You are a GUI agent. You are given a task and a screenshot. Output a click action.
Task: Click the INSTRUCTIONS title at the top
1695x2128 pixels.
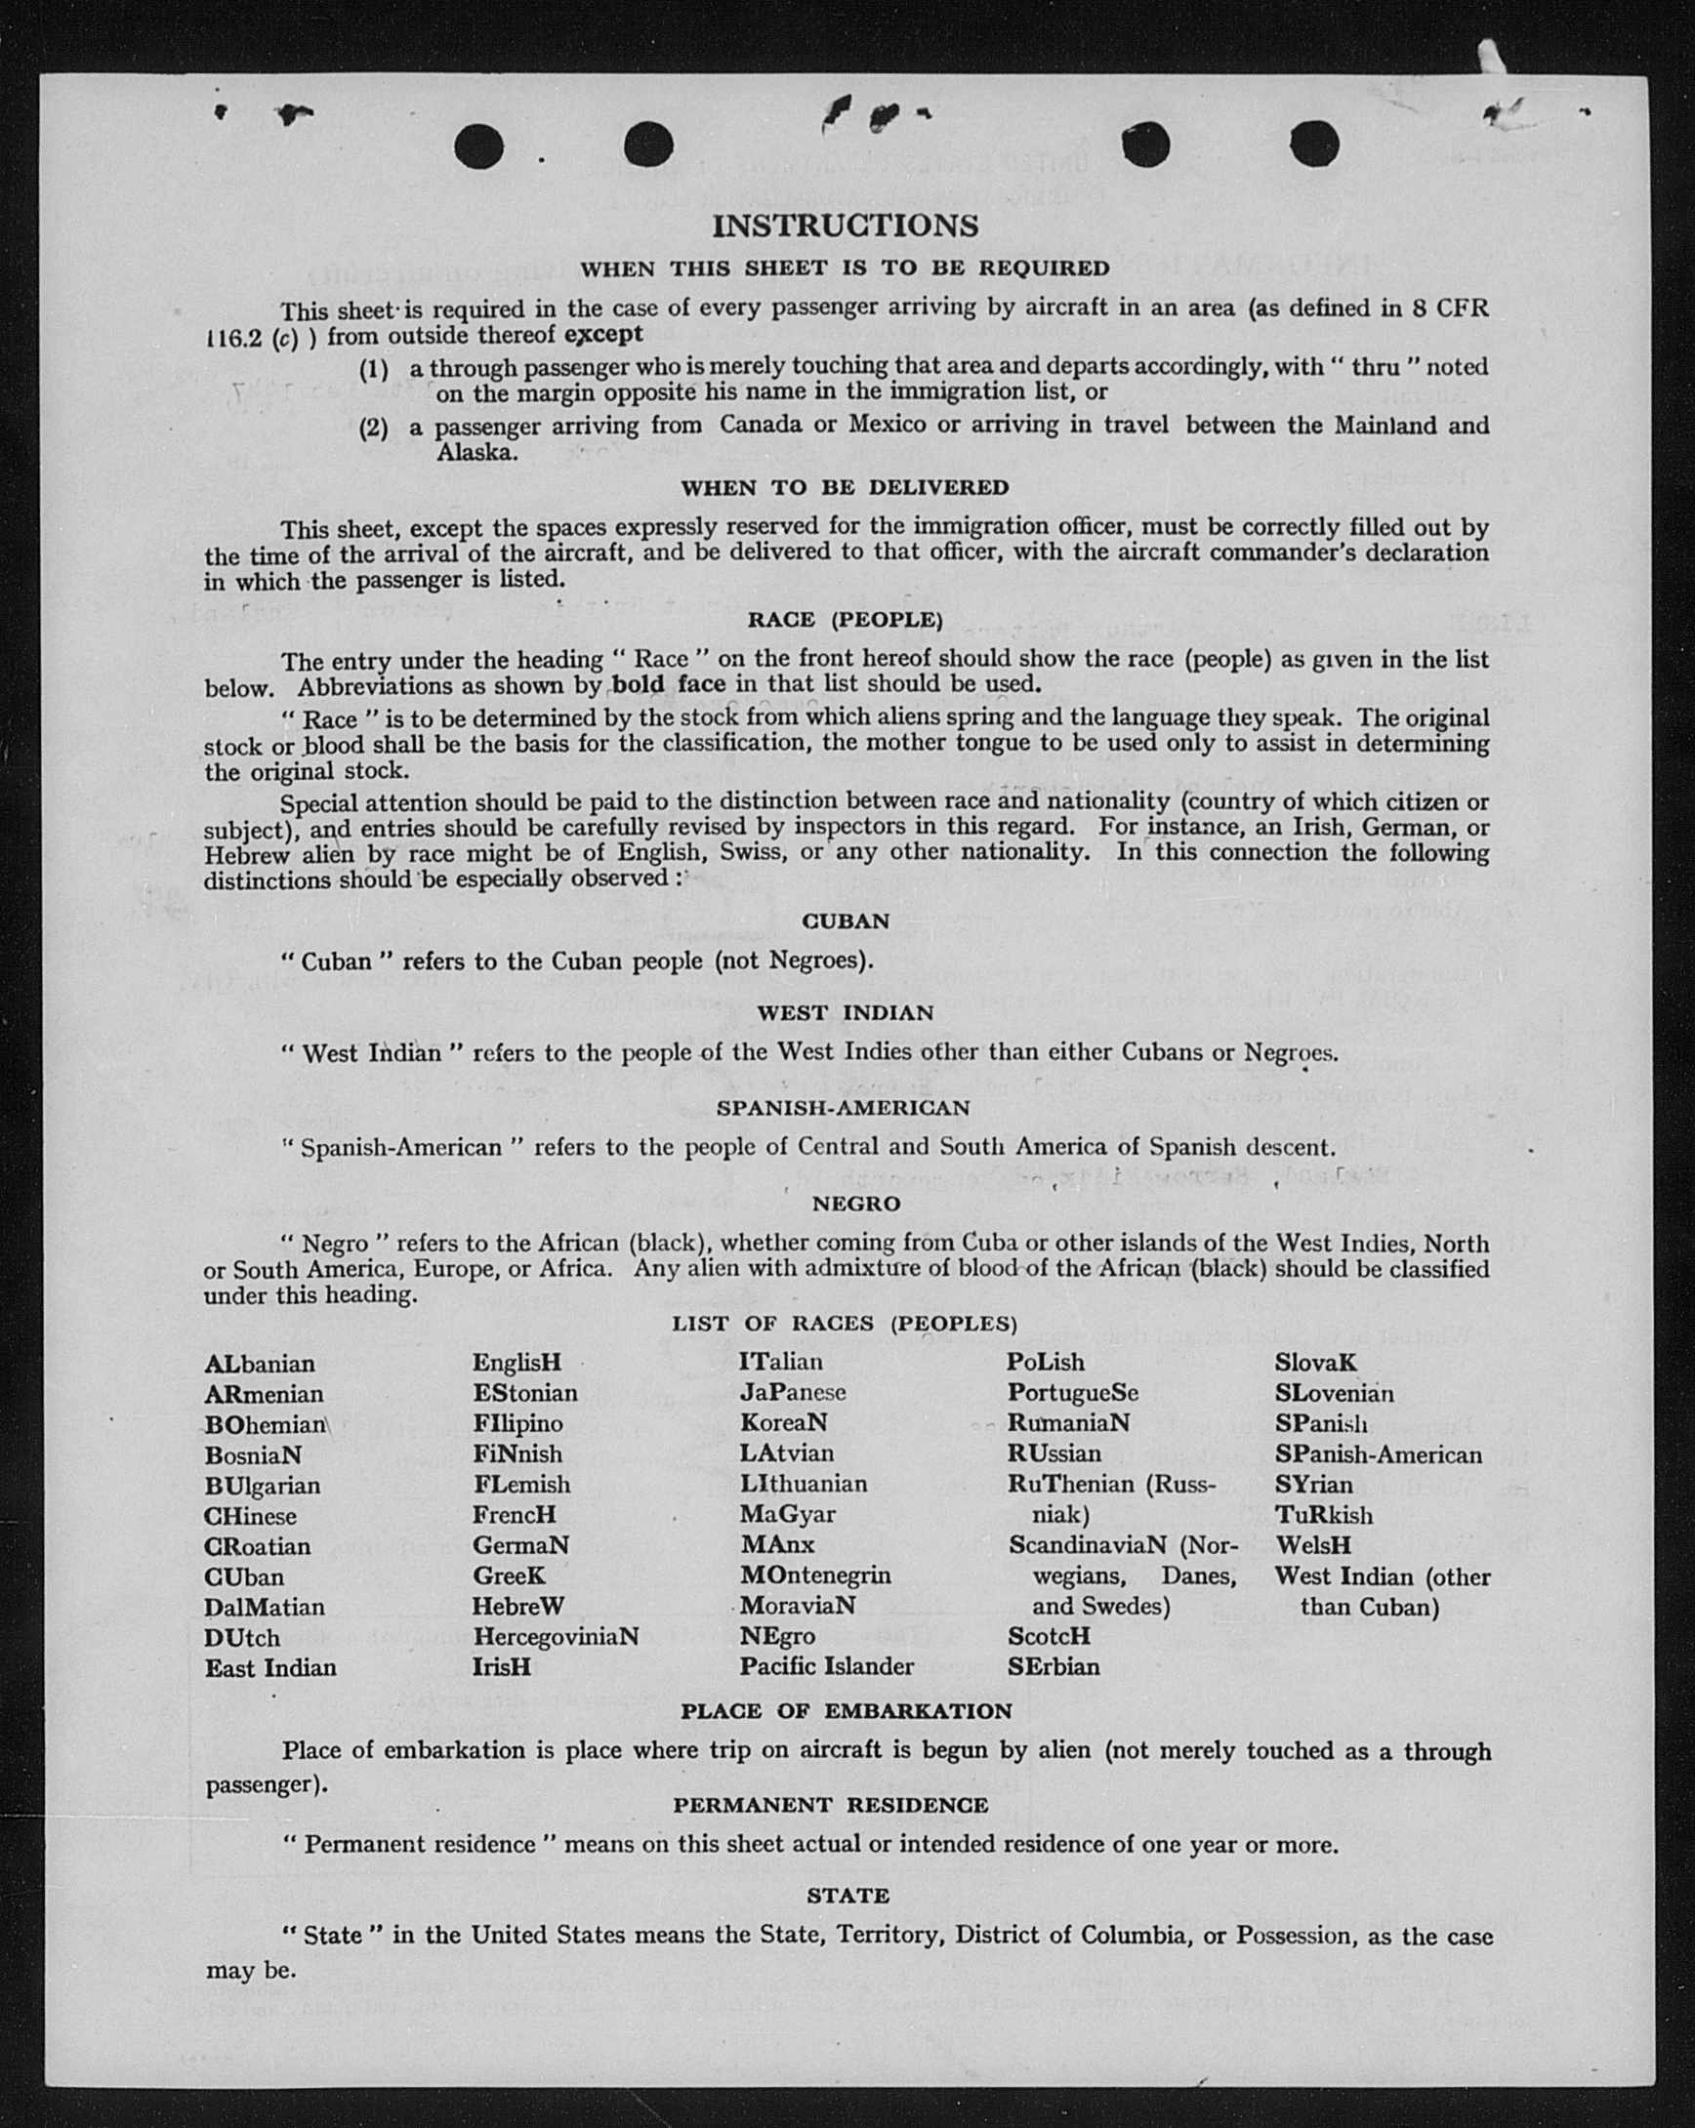pos(845,226)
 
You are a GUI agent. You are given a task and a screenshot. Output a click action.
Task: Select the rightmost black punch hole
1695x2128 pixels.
pos(1314,146)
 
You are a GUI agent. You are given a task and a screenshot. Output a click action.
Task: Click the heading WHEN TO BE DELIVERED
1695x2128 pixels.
pos(845,487)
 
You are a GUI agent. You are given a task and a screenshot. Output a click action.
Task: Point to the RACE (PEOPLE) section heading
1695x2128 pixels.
pos(845,620)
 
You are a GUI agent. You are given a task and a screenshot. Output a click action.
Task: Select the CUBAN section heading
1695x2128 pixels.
pos(846,921)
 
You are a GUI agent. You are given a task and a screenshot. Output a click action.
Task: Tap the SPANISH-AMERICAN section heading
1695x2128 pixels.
pos(844,1107)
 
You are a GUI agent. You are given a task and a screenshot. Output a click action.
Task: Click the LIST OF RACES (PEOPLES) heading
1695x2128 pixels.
pos(844,1324)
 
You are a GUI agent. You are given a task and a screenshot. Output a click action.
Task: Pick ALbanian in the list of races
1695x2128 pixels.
pos(260,1364)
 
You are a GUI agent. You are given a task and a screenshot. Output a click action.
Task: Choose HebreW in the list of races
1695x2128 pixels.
pos(518,1606)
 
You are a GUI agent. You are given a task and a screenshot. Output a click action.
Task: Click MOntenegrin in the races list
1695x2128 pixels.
pos(815,1576)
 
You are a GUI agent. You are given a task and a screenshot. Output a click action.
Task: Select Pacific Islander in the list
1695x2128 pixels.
pos(826,1667)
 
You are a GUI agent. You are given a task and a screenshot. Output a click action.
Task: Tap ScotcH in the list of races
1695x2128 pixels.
pos(1049,1636)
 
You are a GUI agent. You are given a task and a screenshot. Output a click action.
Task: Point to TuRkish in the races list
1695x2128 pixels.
pos(1323,1515)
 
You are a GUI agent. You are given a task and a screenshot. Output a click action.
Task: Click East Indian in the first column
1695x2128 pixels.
pos(270,1668)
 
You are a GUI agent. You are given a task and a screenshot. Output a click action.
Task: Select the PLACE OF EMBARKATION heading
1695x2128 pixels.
pos(846,1711)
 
